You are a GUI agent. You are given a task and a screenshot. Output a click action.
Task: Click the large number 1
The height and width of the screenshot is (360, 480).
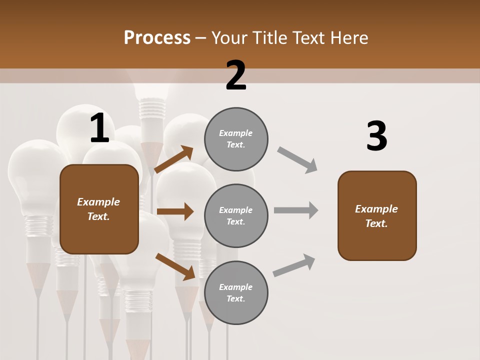click(99, 129)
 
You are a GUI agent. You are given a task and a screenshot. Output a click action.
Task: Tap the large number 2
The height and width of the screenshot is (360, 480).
click(236, 76)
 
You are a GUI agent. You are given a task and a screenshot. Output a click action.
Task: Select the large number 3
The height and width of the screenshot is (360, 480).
click(376, 136)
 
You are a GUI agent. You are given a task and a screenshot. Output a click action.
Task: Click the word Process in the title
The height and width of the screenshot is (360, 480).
click(157, 37)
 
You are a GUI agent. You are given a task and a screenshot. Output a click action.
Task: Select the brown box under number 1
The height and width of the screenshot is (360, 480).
click(99, 209)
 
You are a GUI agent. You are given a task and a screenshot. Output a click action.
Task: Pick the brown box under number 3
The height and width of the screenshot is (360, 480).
click(377, 215)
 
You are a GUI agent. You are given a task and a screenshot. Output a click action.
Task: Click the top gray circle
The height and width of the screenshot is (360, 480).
click(236, 139)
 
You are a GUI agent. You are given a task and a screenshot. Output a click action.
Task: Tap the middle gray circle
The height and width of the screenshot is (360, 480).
click(236, 215)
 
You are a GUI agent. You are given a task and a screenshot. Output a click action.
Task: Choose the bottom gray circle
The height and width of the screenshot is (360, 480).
click(236, 292)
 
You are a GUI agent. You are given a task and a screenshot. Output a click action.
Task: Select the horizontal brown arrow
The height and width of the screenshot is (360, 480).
click(175, 211)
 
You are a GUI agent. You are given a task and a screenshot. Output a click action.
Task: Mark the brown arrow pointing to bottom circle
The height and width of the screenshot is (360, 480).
click(175, 266)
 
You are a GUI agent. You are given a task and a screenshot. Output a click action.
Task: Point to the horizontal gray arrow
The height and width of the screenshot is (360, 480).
click(296, 210)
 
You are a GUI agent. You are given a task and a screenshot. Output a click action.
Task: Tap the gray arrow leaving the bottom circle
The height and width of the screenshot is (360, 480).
click(294, 265)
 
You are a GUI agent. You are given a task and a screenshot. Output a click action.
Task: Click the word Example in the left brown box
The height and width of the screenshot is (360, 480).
click(98, 202)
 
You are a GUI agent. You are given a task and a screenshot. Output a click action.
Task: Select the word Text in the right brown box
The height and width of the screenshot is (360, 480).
click(376, 223)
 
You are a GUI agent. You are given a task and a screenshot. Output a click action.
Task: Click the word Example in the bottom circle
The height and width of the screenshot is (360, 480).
click(235, 287)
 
